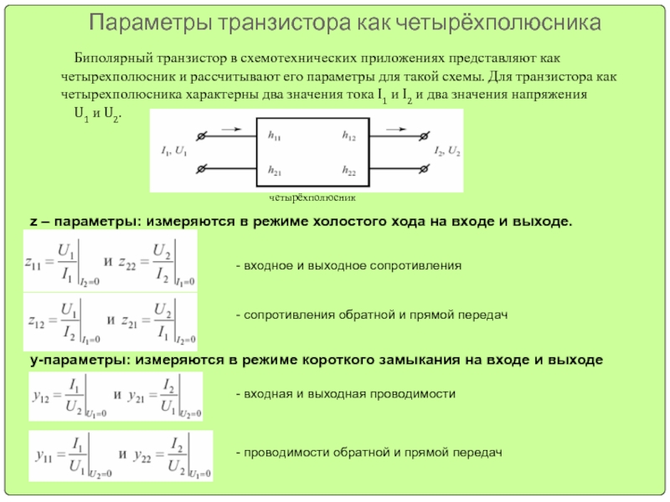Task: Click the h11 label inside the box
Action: point(274,135)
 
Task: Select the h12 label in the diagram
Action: point(349,135)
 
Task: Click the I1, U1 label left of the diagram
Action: point(173,151)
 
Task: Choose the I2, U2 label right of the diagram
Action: point(446,151)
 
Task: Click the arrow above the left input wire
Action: point(234,130)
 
